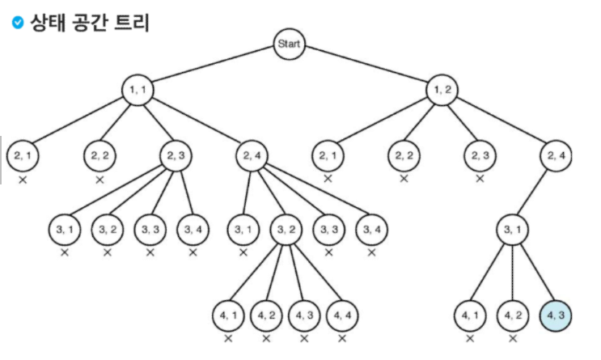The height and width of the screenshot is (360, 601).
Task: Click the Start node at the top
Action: [x=289, y=44]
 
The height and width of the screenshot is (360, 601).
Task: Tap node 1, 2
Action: [x=443, y=91]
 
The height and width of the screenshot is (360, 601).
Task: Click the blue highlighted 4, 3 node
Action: [x=556, y=314]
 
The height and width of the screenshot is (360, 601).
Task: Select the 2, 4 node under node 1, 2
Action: [x=556, y=155]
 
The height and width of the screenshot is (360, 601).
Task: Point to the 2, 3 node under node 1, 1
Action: [x=176, y=155]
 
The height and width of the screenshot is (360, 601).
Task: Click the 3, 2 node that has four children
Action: [x=286, y=230]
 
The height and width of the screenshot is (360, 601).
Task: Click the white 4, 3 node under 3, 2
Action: [x=305, y=314]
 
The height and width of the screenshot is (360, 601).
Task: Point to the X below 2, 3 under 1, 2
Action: [x=480, y=179]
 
